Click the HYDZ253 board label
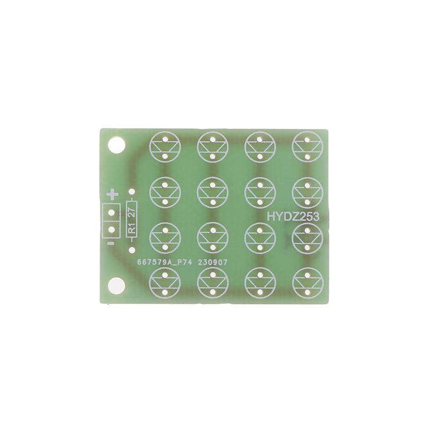(x=294, y=217)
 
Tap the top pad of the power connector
(x=112, y=211)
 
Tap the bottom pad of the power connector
(x=112, y=230)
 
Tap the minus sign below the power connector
(x=110, y=244)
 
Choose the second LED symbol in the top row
(x=213, y=146)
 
